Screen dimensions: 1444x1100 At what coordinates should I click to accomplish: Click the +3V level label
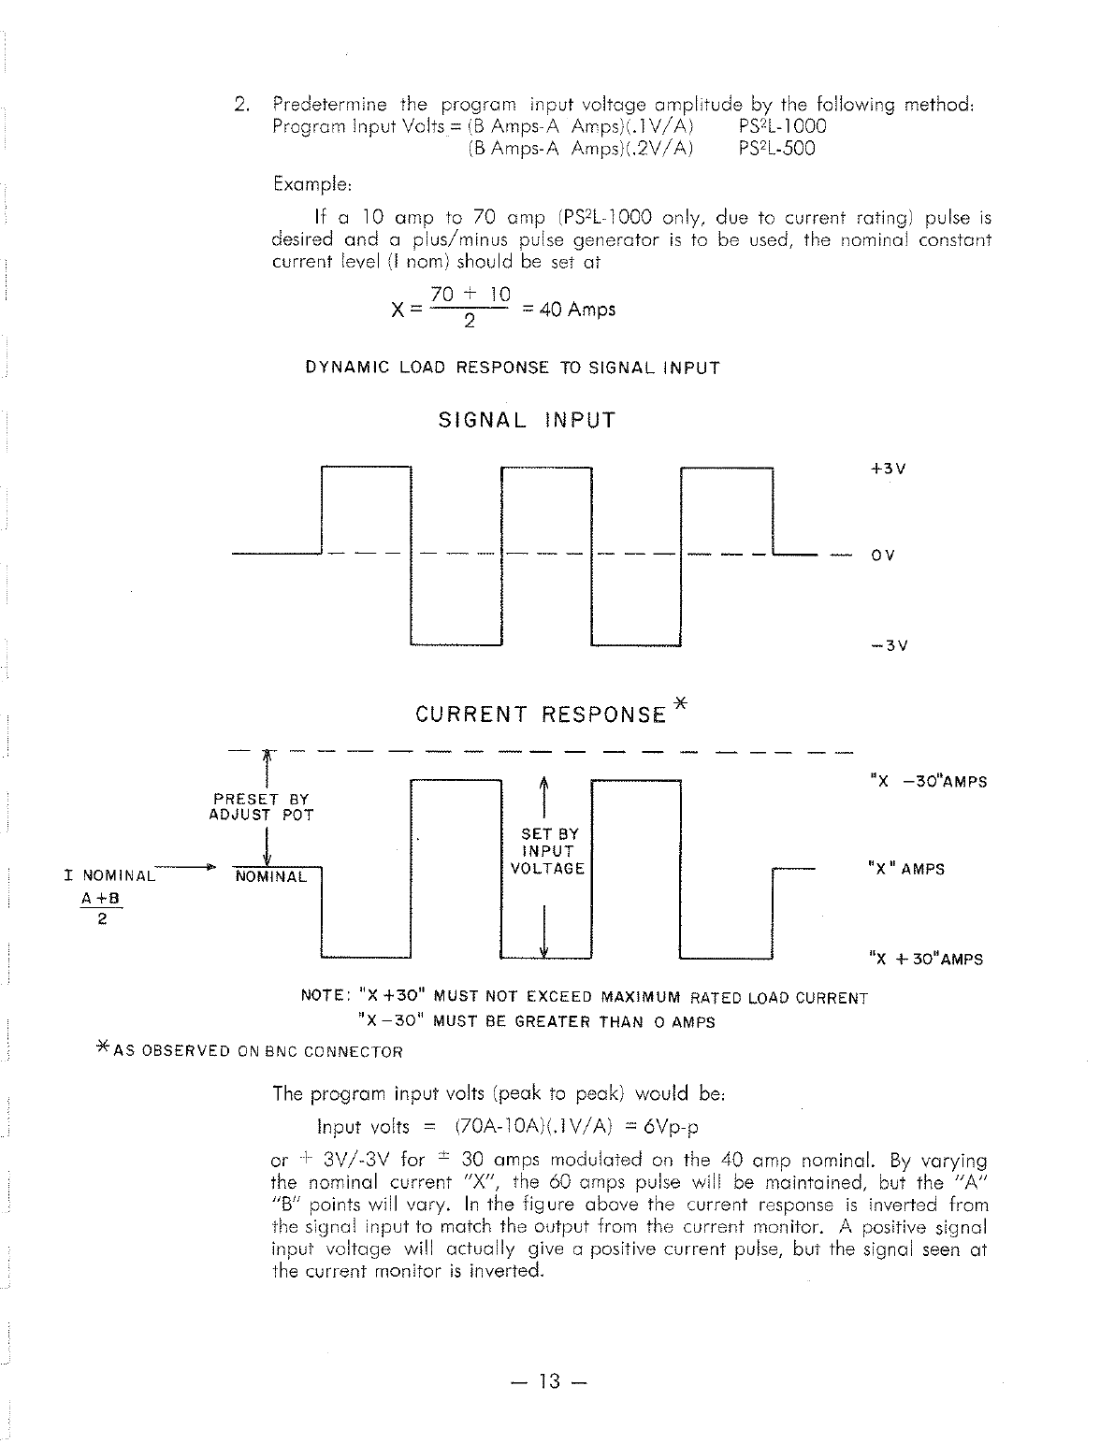click(887, 469)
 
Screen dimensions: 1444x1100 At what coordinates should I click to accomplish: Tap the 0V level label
click(883, 556)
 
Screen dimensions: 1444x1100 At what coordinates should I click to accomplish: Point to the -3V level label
click(887, 646)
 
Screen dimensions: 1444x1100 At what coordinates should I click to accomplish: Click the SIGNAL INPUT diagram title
click(528, 421)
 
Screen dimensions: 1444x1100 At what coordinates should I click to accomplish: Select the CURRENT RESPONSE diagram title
click(541, 715)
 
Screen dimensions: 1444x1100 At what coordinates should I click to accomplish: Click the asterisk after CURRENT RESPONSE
click(680, 703)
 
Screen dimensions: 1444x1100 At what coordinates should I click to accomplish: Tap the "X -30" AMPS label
click(927, 782)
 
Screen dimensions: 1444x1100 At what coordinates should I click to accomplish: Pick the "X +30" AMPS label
click(925, 960)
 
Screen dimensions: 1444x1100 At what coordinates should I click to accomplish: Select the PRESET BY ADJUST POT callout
click(261, 807)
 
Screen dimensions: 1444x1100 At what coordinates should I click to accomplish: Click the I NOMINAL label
click(109, 876)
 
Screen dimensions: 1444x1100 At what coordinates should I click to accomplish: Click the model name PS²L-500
click(776, 149)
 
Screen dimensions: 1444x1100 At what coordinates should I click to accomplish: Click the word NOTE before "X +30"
click(321, 997)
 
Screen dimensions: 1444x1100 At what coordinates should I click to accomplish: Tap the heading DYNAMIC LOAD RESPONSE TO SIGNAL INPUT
click(513, 368)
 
